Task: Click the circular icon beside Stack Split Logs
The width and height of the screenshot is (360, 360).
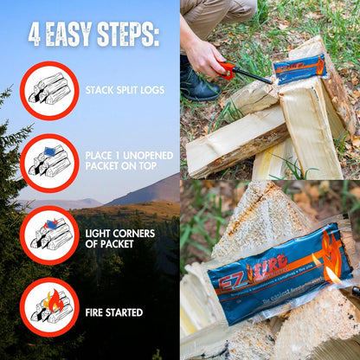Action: coord(48,90)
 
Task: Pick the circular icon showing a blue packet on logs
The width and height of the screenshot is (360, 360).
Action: coord(48,163)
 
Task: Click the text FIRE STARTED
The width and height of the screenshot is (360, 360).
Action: coord(114,312)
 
